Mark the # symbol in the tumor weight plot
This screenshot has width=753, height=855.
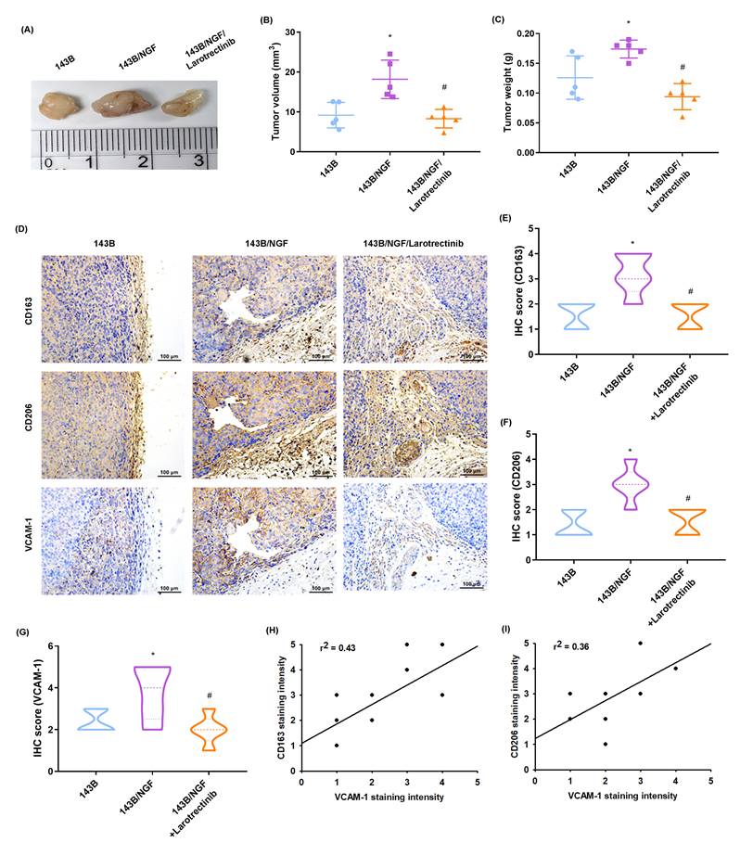tap(683, 68)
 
